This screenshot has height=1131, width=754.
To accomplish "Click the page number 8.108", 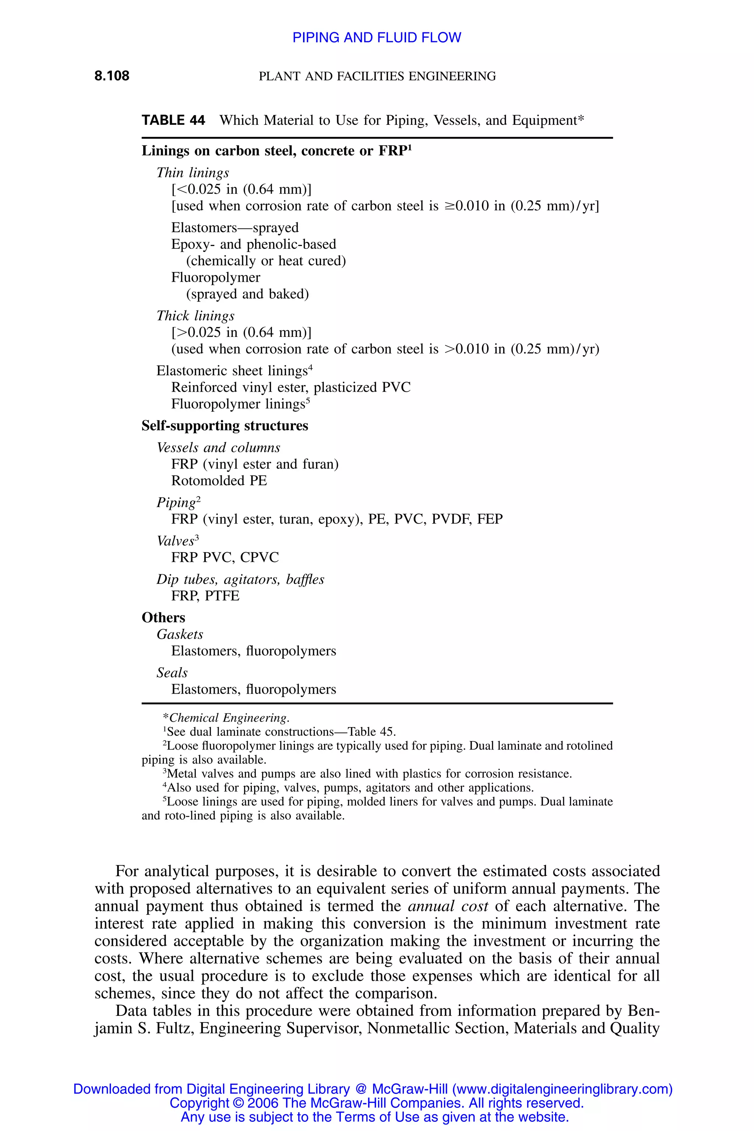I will (x=112, y=76).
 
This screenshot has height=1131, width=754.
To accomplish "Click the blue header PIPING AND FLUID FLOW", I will (x=377, y=38).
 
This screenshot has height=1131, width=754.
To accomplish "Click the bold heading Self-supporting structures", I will (x=225, y=426).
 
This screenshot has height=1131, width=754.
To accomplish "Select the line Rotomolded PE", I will (x=219, y=481).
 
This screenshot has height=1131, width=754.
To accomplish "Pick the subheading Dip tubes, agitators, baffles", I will (x=240, y=579).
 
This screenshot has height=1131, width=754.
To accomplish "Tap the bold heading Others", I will (x=163, y=618).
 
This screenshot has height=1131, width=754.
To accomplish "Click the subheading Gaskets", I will (x=179, y=635).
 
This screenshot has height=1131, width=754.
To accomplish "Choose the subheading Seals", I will (x=172, y=673).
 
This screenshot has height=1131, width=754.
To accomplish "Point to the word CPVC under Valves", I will (x=259, y=558).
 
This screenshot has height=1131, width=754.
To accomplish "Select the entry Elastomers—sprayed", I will (x=235, y=228).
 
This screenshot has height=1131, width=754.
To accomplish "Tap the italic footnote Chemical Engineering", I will (x=228, y=718).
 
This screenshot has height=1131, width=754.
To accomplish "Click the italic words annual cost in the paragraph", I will (x=448, y=906).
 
